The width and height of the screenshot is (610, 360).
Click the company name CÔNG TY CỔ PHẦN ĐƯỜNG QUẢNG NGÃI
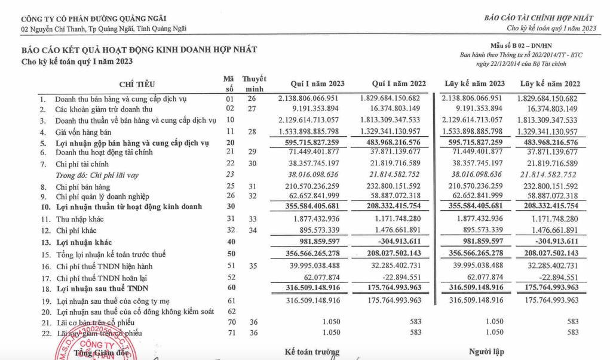point(94,19)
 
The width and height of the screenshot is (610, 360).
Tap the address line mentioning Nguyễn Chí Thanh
point(103,28)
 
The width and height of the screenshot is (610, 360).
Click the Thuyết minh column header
point(254,84)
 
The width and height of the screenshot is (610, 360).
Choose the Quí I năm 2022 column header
point(399,84)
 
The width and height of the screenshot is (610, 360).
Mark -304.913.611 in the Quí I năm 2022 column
point(394,241)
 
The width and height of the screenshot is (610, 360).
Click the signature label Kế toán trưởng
point(312,352)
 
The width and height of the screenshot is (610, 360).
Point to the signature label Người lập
point(486,352)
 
